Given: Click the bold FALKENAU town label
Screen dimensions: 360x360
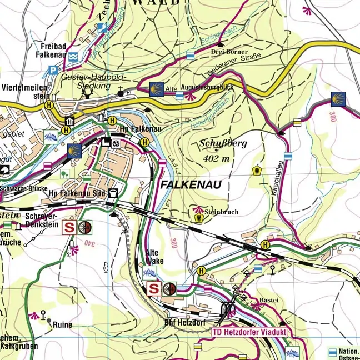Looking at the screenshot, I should pyautogui.click(x=191, y=185).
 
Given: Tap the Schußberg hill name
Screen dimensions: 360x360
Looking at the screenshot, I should pyautogui.click(x=223, y=143).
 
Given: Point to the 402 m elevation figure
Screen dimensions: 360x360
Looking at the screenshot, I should pyautogui.click(x=217, y=158).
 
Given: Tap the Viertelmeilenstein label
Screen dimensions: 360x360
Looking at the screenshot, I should pyautogui.click(x=26, y=92).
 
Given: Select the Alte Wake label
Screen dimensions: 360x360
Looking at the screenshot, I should pyautogui.click(x=155, y=256).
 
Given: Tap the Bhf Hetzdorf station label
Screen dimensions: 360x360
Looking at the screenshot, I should pyautogui.click(x=186, y=322).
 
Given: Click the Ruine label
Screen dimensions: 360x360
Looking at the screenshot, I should pyautogui.click(x=62, y=325).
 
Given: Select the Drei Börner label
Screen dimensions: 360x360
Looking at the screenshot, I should pyautogui.click(x=228, y=52).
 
